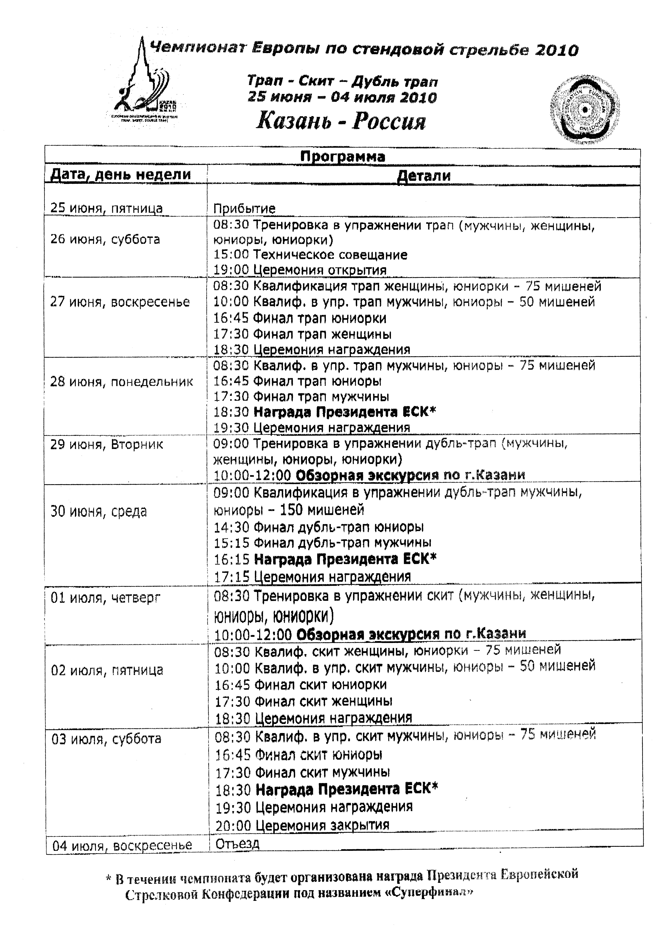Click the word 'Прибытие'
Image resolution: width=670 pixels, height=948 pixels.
(244, 209)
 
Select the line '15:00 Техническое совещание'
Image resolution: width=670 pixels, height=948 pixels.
(310, 255)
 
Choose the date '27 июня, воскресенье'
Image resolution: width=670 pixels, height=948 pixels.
(120, 302)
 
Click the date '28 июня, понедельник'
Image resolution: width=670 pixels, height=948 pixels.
(121, 381)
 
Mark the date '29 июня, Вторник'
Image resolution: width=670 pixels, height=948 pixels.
(106, 445)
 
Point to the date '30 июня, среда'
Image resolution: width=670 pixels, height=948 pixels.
(99, 512)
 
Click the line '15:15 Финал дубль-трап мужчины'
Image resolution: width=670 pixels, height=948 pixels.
(322, 543)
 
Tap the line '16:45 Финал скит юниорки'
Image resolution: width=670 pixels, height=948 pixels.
(301, 685)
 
